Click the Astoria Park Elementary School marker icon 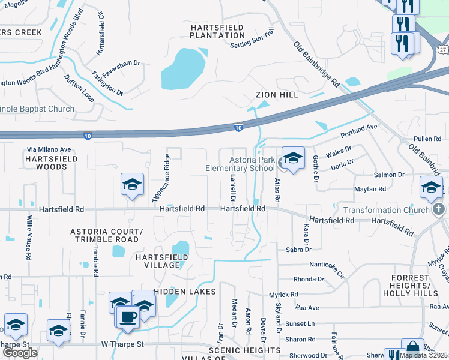click(x=292, y=158)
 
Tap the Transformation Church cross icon click(x=439, y=210)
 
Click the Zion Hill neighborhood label click(x=276, y=95)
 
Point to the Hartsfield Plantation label click(x=217, y=31)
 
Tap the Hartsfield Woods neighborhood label click(x=46, y=162)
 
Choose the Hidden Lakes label click(x=185, y=292)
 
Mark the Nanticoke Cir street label click(x=327, y=269)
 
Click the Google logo click(x=20, y=353)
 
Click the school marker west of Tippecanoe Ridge click(x=132, y=184)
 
